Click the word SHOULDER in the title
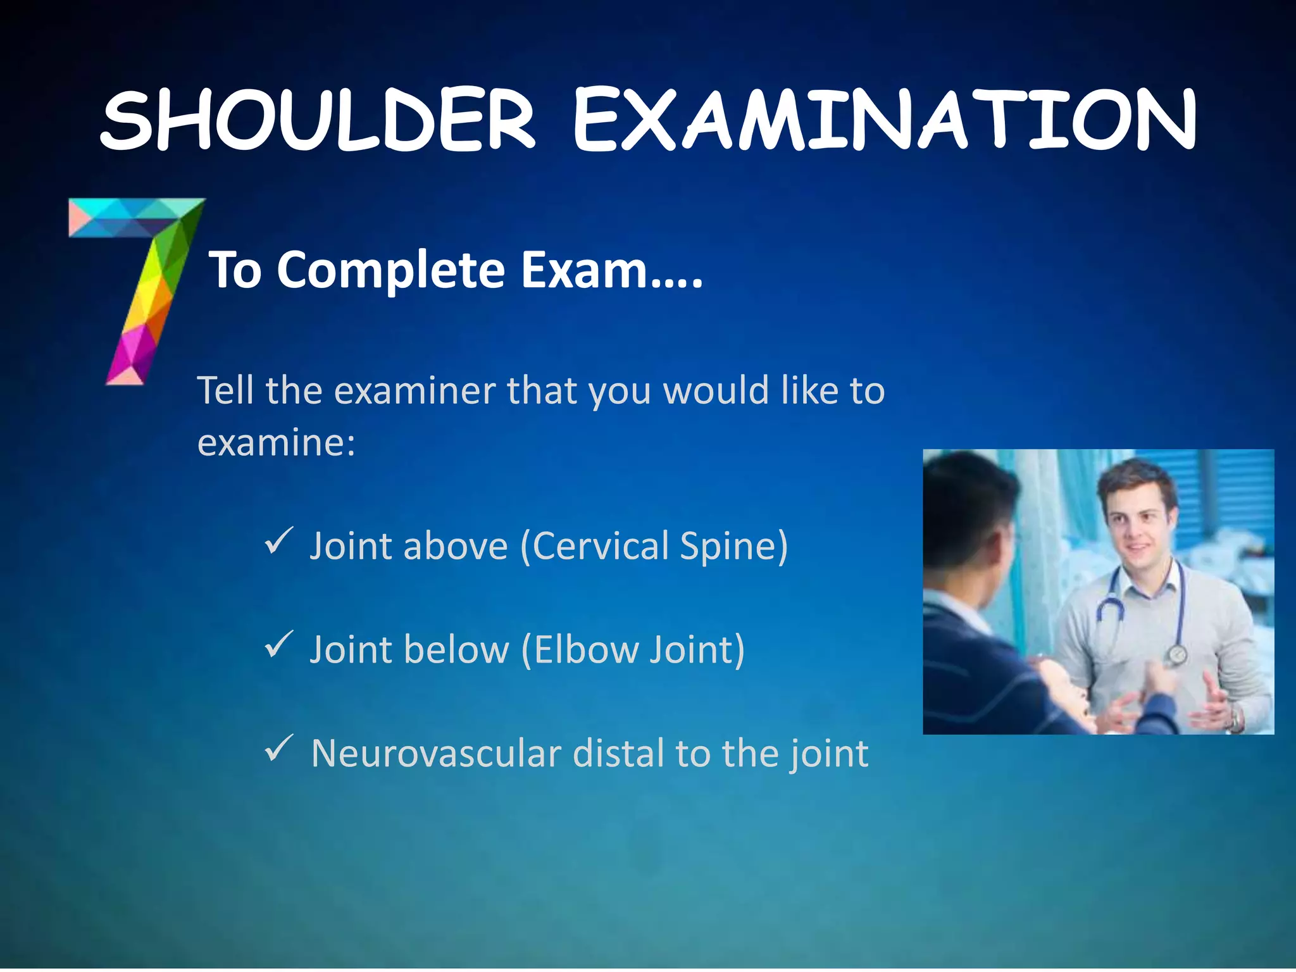point(318,120)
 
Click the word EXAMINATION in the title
point(884,120)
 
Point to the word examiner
point(414,390)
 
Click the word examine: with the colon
point(276,442)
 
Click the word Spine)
point(733,547)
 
